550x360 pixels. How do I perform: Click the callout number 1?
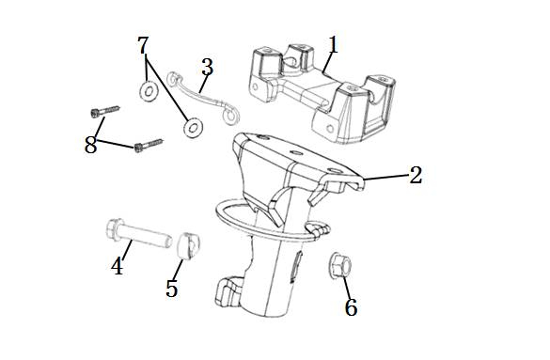(333, 44)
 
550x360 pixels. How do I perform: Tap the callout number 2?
(416, 175)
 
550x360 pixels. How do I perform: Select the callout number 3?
(207, 67)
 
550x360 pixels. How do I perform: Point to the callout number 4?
(118, 266)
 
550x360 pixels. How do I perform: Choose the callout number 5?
(172, 289)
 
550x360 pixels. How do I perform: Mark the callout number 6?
(351, 307)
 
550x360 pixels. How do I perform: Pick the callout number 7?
(143, 45)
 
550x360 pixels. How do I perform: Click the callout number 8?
(90, 145)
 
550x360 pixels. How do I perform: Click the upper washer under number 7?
(149, 91)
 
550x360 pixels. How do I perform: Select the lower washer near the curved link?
(193, 128)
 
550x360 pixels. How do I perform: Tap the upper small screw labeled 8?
(105, 111)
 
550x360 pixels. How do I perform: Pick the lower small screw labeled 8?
(149, 145)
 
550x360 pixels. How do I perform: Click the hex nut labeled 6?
(340, 265)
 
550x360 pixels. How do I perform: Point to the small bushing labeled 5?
(188, 245)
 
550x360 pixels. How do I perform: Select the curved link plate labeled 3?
(202, 96)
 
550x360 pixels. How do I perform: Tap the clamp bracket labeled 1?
(323, 93)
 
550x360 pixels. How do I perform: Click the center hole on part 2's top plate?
(295, 153)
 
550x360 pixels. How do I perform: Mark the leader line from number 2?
(385, 178)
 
